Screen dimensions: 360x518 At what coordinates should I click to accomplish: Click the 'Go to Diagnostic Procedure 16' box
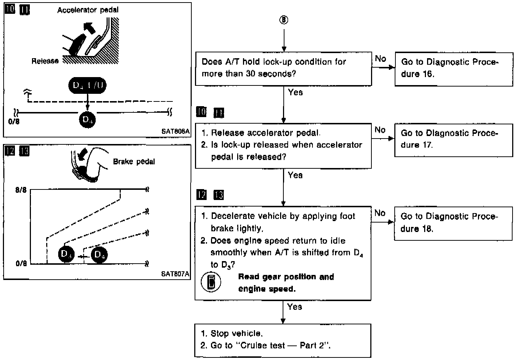454,68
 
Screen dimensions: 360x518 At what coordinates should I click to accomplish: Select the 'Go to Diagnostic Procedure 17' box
453,140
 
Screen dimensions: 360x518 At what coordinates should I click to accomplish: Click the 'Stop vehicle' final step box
283,340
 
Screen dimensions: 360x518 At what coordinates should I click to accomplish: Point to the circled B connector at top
284,20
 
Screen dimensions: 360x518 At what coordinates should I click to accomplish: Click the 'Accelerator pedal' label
88,10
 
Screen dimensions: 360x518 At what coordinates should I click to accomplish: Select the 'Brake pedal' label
134,161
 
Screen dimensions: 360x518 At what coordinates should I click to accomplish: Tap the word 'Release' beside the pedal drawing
45,61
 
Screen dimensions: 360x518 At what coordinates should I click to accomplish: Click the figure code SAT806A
175,131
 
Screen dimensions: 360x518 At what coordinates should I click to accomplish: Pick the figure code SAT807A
175,274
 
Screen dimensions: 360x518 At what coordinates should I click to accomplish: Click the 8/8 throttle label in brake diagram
21,190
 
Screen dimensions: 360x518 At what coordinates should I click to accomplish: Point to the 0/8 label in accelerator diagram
14,121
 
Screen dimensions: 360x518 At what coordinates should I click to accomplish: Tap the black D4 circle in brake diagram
99,255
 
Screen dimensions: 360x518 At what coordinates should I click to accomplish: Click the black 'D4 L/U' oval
87,85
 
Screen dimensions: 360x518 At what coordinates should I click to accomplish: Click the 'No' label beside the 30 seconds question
380,59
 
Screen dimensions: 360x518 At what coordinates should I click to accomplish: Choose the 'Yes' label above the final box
294,307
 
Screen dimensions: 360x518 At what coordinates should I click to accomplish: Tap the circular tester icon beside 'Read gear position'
211,283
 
